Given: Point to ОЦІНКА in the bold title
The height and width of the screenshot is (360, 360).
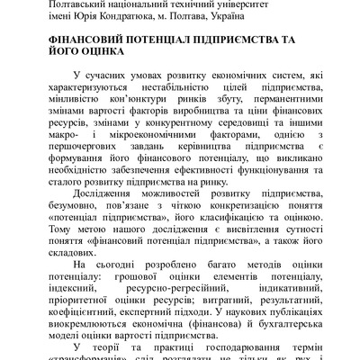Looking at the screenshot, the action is [99, 56].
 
